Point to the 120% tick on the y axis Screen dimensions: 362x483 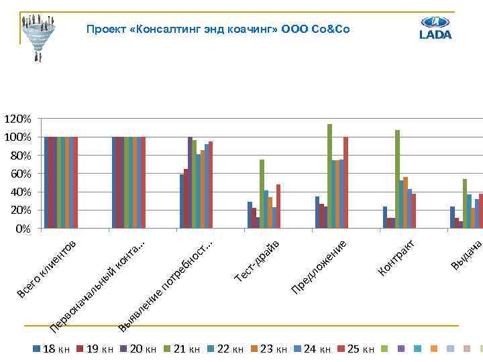tap(17, 119)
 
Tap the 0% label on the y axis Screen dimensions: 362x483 tap(22, 229)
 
